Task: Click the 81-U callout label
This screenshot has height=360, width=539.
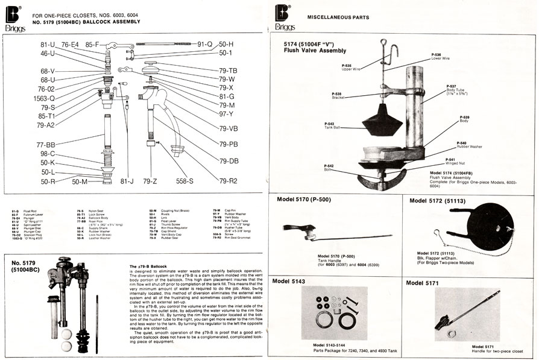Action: click(x=48, y=45)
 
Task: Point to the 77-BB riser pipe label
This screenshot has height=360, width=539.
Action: click(x=46, y=145)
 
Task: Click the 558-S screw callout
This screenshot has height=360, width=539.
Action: click(x=184, y=181)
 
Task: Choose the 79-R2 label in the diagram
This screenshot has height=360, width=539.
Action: click(x=229, y=181)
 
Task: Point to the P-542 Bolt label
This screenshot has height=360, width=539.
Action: click(x=329, y=167)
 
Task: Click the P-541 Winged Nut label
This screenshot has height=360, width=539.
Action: click(x=455, y=161)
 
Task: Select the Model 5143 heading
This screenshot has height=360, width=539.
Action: click(x=292, y=282)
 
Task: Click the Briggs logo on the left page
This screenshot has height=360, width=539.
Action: click(x=13, y=17)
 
